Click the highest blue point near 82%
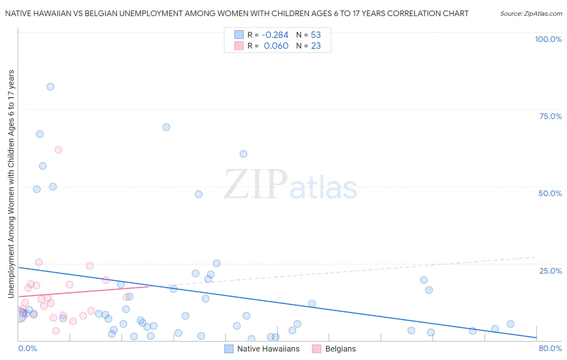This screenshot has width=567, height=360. (50, 87)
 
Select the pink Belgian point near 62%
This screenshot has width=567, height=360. (58, 150)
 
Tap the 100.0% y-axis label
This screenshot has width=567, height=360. (548, 39)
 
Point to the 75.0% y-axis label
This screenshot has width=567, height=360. (550, 116)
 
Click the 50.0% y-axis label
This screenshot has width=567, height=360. (550, 193)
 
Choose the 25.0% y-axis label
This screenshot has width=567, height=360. (550, 270)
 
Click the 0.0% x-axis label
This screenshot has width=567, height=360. (27, 348)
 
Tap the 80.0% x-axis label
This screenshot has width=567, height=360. (550, 348)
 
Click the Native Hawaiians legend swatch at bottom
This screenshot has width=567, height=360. (229, 349)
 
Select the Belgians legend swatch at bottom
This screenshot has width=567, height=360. (317, 349)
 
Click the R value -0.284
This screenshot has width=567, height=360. (275, 35)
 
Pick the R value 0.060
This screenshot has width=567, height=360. (276, 46)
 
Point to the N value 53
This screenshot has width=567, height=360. (316, 35)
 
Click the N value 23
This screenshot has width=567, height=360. (316, 46)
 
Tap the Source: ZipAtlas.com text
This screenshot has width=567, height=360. (531, 14)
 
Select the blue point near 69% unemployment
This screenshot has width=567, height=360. (166, 127)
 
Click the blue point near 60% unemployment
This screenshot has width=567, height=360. (244, 154)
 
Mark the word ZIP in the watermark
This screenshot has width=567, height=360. (256, 185)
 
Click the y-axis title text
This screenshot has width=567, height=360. (11, 184)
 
